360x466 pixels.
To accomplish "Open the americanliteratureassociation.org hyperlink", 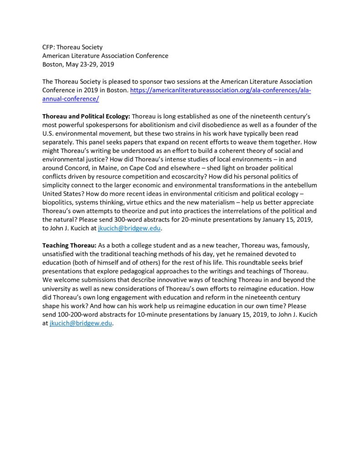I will tap(221, 90).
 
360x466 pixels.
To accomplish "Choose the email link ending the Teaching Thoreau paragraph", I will tap(81, 324).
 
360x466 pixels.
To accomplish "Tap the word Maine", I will tap(116, 168).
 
